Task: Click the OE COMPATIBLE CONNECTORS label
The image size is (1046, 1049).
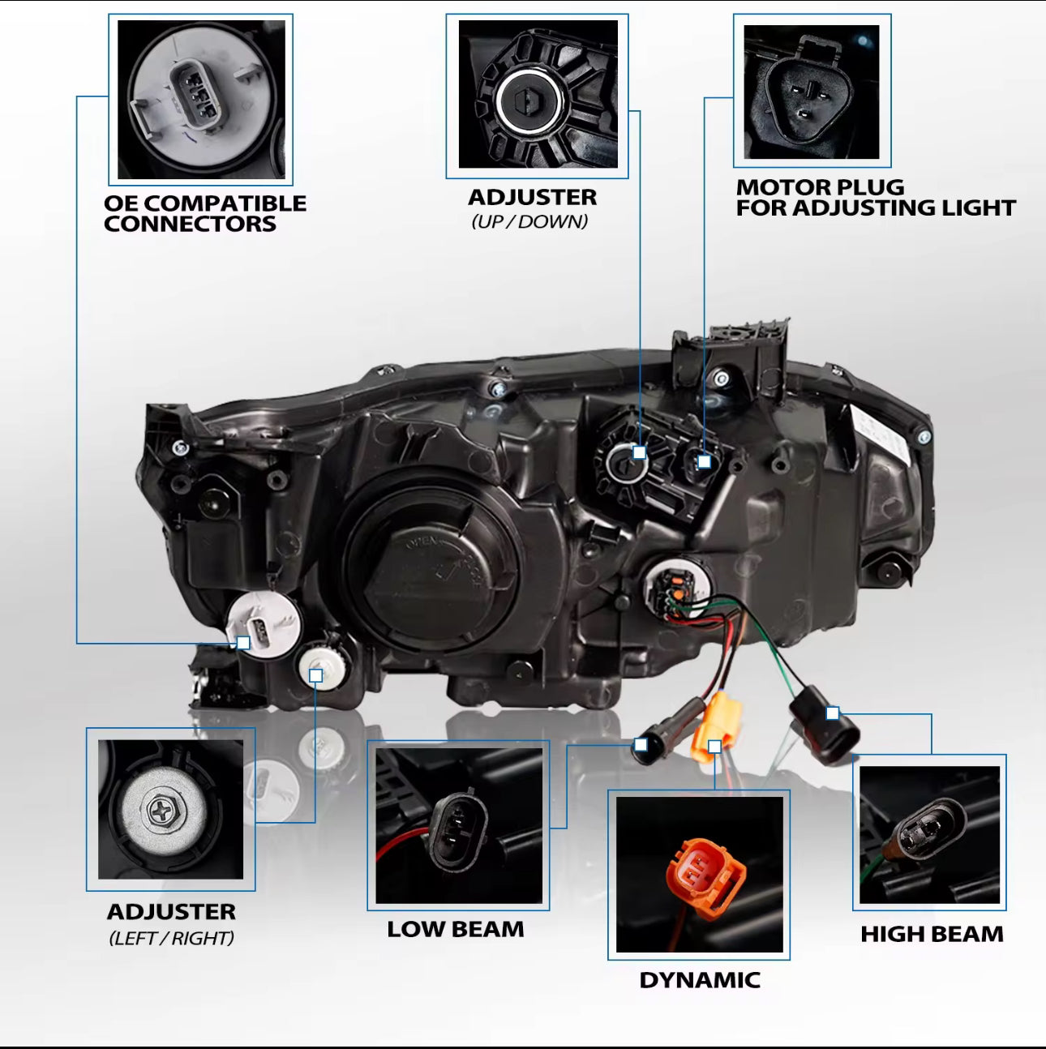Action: coord(204,213)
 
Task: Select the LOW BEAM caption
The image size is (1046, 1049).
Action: coord(456,929)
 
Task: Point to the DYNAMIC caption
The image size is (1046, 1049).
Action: coord(700,980)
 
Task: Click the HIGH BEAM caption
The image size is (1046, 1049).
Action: coord(932,934)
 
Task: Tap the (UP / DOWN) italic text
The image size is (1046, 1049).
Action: coord(529,221)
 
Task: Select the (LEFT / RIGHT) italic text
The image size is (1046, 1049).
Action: coord(171,938)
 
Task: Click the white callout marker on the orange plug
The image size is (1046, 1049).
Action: coord(714,746)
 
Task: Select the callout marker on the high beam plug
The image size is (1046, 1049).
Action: coord(833,713)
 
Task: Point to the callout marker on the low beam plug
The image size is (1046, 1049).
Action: coord(641,744)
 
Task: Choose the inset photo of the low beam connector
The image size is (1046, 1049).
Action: coord(459,825)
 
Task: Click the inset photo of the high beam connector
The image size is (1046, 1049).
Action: coord(929,835)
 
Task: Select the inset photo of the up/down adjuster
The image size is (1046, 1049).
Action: coord(538,95)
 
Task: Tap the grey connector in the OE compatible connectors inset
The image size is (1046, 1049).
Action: coord(194,96)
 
